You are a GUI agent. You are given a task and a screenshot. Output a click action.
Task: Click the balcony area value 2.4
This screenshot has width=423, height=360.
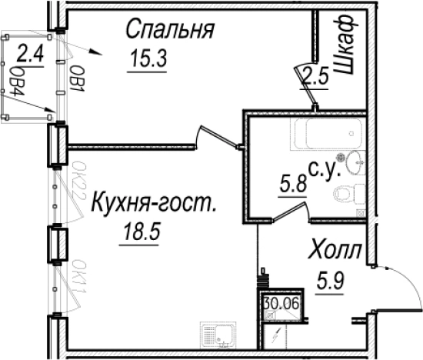pos(29,55)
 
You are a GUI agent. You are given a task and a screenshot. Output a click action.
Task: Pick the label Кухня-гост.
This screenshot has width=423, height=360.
pos(153,205)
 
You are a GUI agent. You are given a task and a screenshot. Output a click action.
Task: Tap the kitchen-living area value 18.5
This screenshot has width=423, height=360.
pos(139,232)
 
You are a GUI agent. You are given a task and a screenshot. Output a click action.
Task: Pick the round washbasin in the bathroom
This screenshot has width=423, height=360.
pos(355,161)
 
